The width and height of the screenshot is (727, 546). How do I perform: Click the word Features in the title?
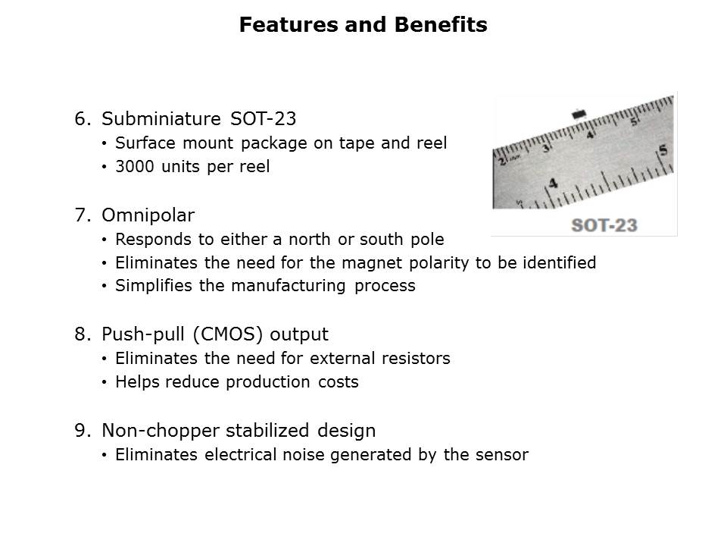click(x=289, y=24)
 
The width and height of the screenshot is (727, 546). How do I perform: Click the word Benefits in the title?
click(x=441, y=24)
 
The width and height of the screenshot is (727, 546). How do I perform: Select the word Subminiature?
click(x=161, y=119)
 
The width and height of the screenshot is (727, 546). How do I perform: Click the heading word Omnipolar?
click(x=148, y=215)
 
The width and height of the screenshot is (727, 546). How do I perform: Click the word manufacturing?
click(x=289, y=286)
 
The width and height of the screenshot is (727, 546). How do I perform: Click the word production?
click(x=268, y=382)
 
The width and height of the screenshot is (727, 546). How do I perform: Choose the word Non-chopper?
click(x=161, y=431)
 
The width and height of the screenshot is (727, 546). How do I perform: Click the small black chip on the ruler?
click(x=579, y=113)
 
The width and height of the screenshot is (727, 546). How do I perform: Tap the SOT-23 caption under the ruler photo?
click(x=604, y=225)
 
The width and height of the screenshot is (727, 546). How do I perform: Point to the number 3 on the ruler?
click(x=547, y=148)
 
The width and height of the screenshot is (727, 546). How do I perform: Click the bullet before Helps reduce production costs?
click(x=105, y=382)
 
